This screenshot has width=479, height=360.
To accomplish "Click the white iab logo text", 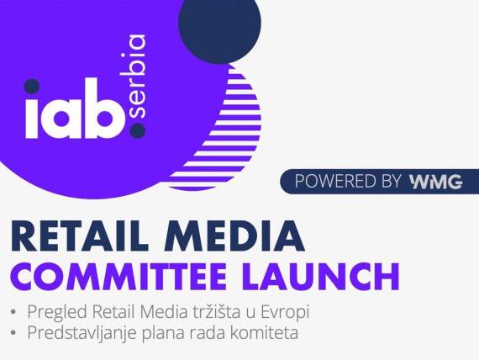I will [x=72, y=114].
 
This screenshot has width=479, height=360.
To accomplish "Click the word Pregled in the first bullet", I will [x=55, y=312].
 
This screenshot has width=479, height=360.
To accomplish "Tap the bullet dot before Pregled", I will [x=13, y=313].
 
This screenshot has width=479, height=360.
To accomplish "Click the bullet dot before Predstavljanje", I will [x=13, y=333].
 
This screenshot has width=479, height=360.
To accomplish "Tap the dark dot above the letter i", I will [x=32, y=86].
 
